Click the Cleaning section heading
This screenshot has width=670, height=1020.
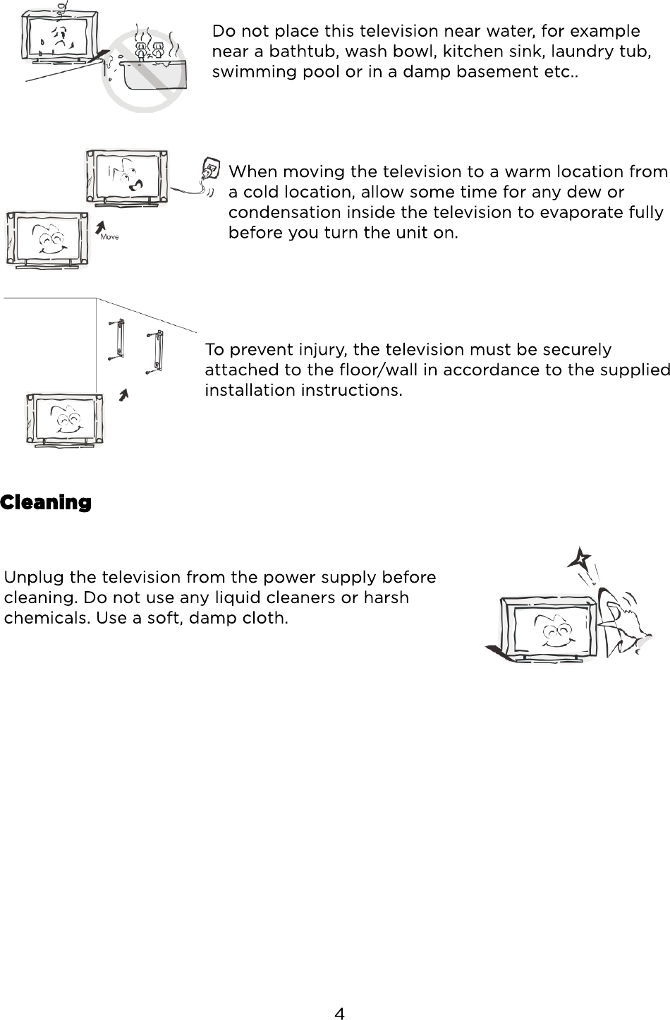pos(46,502)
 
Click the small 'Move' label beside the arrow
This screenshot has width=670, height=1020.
pos(109,237)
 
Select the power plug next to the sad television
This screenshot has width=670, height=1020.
pos(209,170)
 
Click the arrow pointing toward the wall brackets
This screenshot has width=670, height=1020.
pos(124,394)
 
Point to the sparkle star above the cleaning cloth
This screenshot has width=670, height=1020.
pos(580,559)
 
